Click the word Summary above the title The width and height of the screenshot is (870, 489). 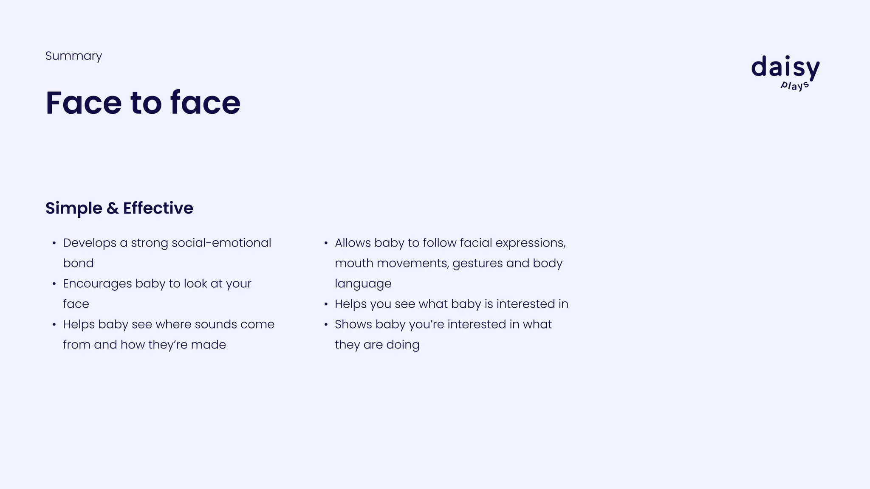[73, 56]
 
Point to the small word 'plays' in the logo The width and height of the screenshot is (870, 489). [795, 85]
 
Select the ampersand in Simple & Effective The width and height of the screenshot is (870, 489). [113, 208]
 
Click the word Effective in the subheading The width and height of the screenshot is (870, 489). [158, 208]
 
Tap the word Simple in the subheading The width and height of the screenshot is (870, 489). [73, 208]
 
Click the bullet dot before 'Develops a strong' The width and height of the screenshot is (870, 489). [54, 243]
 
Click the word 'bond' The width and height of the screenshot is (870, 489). [78, 263]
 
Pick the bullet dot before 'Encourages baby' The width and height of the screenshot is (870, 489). [54, 284]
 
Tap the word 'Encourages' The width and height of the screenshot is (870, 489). [97, 284]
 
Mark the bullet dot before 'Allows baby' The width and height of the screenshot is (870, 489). [326, 243]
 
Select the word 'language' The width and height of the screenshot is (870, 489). [363, 284]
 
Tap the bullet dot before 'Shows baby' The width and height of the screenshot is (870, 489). [326, 325]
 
